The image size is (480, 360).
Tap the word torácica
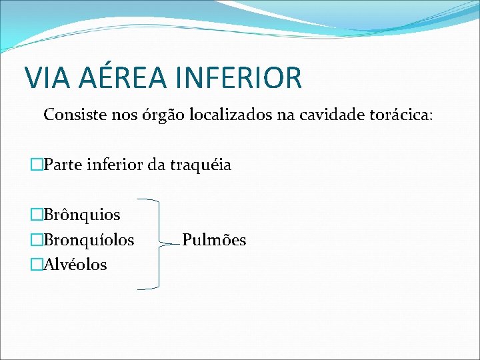click(399, 115)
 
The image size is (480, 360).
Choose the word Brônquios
click(81, 215)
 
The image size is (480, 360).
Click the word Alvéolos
click(74, 265)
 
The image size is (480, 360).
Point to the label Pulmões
click(214, 239)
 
